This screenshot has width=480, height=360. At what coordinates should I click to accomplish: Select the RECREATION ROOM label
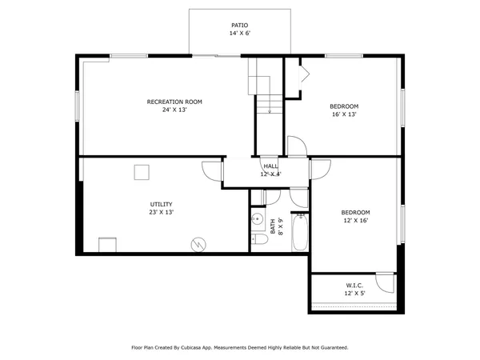click(174, 102)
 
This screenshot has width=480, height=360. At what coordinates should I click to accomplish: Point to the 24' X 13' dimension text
click(174, 110)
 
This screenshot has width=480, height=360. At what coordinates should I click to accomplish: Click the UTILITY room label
click(161, 204)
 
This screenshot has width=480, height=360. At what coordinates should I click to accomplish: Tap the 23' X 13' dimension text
click(161, 213)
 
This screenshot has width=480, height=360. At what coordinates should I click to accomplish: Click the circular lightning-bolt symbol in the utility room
click(198, 243)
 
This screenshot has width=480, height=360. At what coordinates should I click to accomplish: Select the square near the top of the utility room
click(142, 172)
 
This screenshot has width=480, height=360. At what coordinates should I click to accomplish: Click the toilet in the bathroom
click(259, 238)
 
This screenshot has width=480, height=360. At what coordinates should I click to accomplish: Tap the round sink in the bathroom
click(258, 218)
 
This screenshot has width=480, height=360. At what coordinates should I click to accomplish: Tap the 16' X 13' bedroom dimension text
click(344, 114)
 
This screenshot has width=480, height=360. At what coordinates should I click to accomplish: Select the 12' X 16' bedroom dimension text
click(356, 221)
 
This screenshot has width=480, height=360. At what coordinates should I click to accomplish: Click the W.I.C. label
click(355, 285)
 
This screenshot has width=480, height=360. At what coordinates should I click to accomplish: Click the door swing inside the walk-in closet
click(387, 282)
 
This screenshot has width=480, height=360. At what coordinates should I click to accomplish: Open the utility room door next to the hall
click(213, 170)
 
